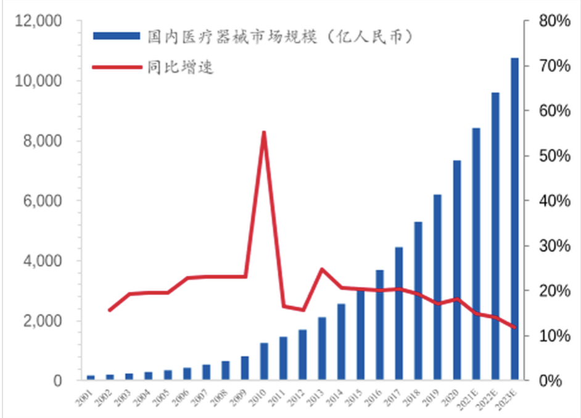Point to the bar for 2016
click(x=380, y=325)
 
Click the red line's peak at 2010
click(x=264, y=132)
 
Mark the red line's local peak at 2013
click(x=321, y=269)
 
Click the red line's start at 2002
click(x=110, y=310)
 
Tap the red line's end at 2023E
click(x=514, y=327)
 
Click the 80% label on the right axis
click(x=553, y=22)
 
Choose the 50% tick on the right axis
click(x=553, y=156)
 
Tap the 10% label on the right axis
click(x=553, y=336)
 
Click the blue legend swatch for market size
click(x=117, y=36)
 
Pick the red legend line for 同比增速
click(x=117, y=66)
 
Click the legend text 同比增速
click(x=181, y=67)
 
